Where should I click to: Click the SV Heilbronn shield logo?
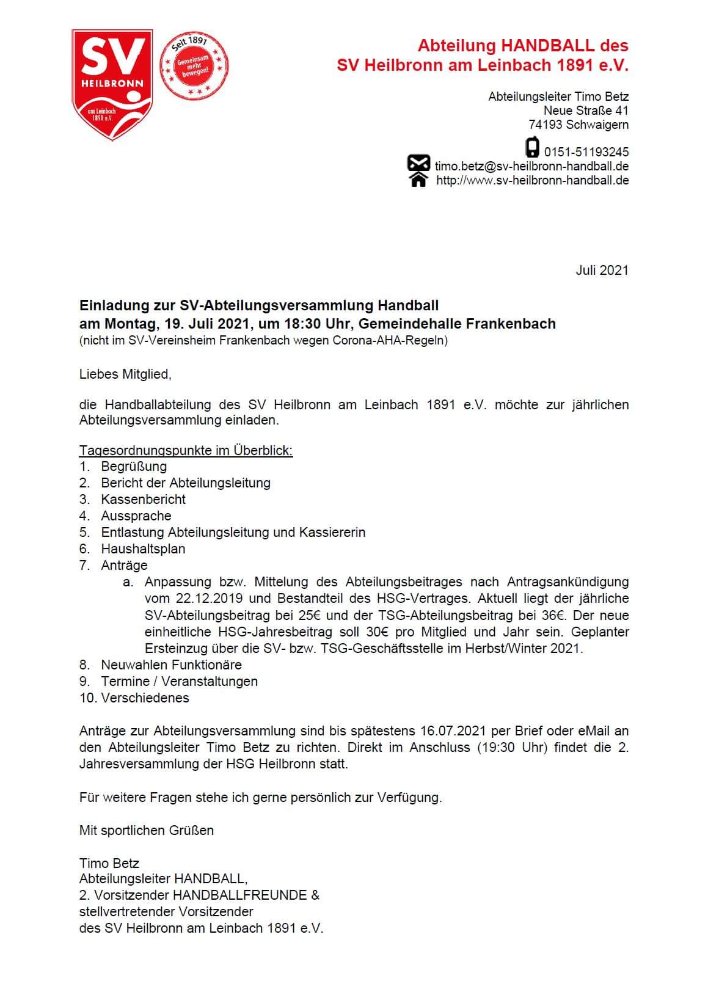coord(112,84)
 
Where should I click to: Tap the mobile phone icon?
coord(533,148)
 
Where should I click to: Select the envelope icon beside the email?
coord(418,164)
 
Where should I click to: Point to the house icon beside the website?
coord(418,180)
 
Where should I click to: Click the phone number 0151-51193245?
coord(586,152)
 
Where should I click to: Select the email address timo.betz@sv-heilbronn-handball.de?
coord(531,166)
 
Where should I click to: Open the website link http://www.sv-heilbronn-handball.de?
coord(532,180)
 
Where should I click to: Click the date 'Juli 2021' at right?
coord(602,271)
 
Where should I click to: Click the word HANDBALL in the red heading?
coord(547,46)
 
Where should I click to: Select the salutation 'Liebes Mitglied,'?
coord(125,374)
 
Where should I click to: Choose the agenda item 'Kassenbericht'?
coord(144,499)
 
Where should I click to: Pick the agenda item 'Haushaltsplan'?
coord(143,549)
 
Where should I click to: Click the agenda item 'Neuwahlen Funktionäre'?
coord(171,665)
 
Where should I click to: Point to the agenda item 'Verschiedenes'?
coord(145,698)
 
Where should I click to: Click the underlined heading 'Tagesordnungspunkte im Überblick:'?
coord(186,451)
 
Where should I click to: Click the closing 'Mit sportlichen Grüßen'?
coord(147,830)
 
